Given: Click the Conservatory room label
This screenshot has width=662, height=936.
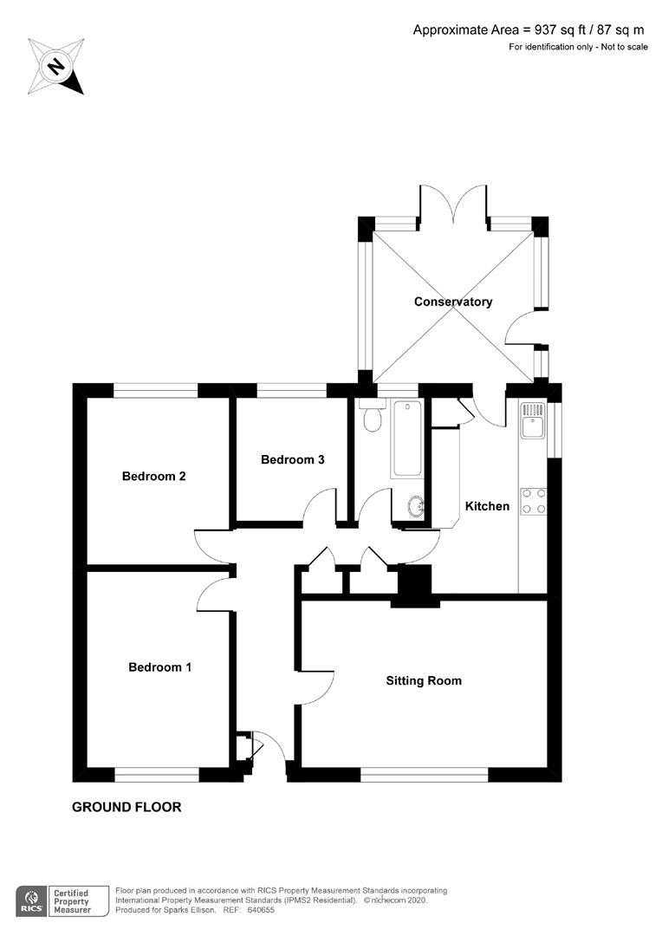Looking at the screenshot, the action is (452, 302).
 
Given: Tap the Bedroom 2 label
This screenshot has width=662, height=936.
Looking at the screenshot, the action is (154, 476).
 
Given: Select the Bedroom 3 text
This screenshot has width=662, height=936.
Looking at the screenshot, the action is (293, 459).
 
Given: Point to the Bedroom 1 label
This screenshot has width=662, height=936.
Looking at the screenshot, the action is (160, 666).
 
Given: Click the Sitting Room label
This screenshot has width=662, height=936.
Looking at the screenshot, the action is (424, 680).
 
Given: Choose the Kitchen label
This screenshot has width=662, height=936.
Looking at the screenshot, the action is (487, 506).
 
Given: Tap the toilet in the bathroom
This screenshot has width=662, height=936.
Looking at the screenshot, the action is (373, 418).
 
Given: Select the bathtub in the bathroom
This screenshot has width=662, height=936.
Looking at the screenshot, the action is (406, 439).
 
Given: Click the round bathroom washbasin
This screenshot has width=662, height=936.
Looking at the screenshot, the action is (415, 506).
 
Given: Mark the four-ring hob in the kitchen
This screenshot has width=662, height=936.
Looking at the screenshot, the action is (534, 500).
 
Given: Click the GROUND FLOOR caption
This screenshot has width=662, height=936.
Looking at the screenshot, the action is (127, 807).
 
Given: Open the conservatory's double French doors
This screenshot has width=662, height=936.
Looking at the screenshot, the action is (452, 208).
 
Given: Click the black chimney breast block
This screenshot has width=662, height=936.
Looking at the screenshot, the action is (414, 583).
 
